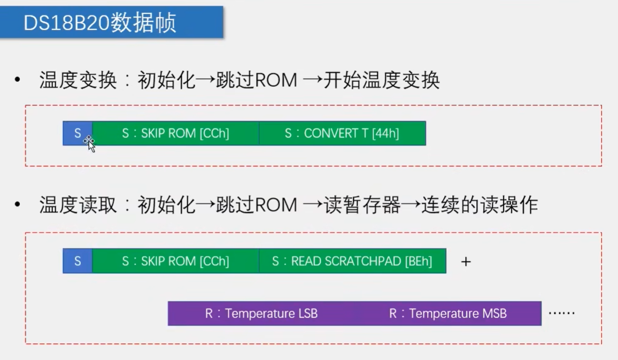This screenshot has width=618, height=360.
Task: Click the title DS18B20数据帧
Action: pyautogui.click(x=100, y=23)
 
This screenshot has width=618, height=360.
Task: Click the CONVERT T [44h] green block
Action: pyautogui.click(x=342, y=133)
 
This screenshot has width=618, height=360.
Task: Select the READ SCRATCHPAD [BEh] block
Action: pyautogui.click(x=352, y=261)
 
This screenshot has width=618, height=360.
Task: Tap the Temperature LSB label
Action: pyautogui.click(x=261, y=313)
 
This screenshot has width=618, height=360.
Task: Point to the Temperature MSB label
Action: pyautogui.click(x=447, y=313)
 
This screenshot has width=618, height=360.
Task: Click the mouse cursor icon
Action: pyautogui.click(x=90, y=143)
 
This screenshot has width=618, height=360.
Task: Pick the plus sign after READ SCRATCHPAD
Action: pyautogui.click(x=466, y=262)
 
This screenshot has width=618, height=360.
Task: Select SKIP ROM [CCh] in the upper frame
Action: pyautogui.click(x=175, y=133)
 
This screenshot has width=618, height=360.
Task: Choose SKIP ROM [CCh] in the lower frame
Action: pyautogui.click(x=175, y=261)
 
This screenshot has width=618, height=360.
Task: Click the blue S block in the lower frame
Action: pyautogui.click(x=78, y=261)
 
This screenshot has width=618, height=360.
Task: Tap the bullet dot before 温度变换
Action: pyautogui.click(x=18, y=81)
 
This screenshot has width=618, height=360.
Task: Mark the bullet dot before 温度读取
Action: pyautogui.click(x=18, y=205)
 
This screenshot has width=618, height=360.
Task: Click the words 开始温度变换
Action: pyautogui.click(x=382, y=81)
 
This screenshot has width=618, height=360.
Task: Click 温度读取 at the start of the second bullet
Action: pyautogui.click(x=78, y=205)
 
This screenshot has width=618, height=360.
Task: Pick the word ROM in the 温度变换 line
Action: pyautogui.click(x=276, y=81)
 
